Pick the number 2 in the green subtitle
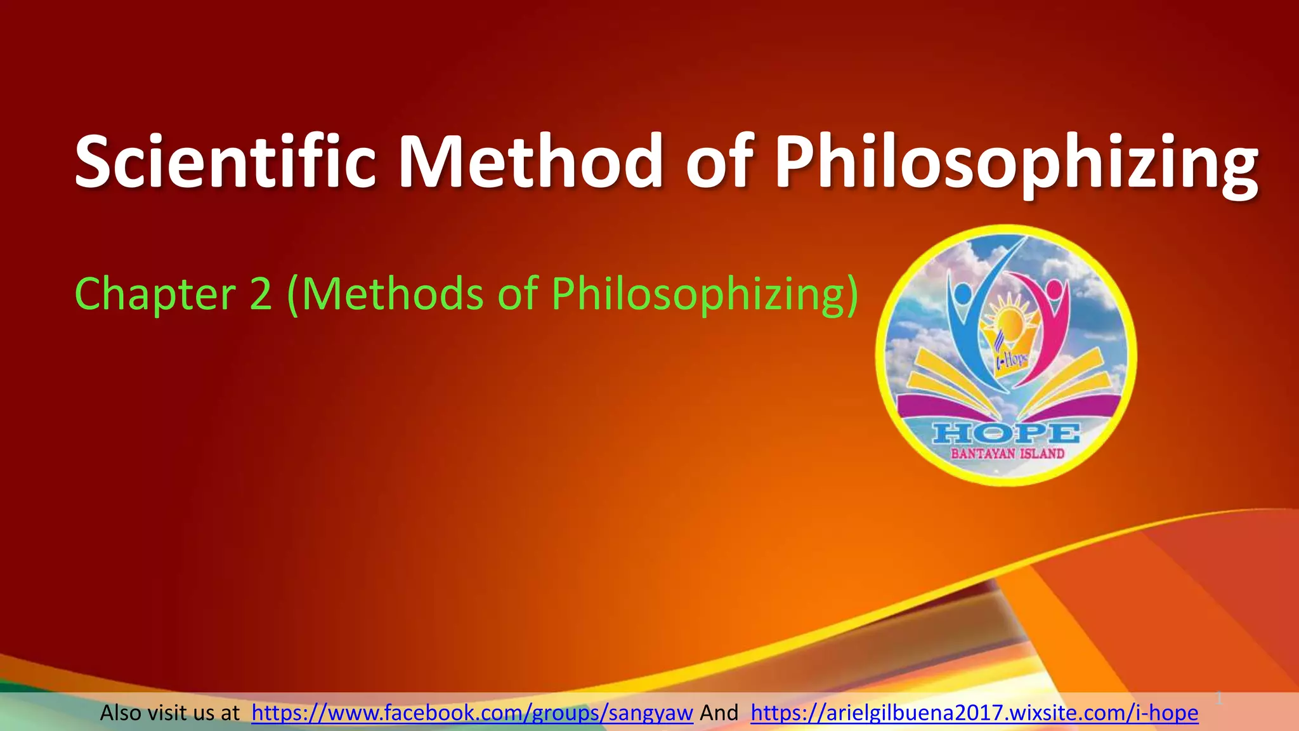[261, 294]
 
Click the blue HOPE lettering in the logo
[1006, 434]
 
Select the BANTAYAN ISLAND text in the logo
[1007, 454]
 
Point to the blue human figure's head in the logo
[963, 293]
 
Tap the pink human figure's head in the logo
[1054, 290]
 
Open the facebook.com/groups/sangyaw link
[472, 713]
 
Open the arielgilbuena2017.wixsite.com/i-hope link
[974, 713]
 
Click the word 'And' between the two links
[719, 713]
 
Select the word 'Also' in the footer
[121, 713]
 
